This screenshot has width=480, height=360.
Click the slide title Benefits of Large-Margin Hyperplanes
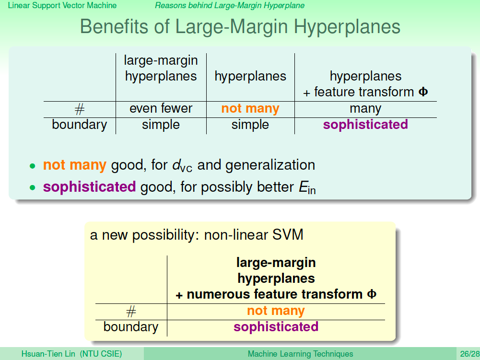tap(240, 27)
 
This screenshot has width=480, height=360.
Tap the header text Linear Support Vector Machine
tap(62, 5)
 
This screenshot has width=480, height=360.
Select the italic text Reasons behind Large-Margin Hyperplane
tap(230, 5)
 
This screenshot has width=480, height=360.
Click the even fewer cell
tap(161, 108)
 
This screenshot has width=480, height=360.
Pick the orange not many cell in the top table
tap(250, 108)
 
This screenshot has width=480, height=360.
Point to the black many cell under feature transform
tap(365, 109)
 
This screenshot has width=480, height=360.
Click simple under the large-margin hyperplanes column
tap(161, 125)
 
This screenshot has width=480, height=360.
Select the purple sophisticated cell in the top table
tap(365, 125)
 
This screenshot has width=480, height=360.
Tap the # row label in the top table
tap(80, 109)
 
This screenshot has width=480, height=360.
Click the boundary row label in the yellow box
tap(131, 327)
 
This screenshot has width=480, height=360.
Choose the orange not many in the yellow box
tap(276, 311)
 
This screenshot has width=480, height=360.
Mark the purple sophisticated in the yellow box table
tap(276, 327)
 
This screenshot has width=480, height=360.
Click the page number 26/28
tap(469, 354)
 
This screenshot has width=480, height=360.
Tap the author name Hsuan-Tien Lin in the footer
tap(48, 354)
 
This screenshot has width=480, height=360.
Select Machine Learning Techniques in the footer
tap(300, 354)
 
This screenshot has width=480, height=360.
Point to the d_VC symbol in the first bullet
tap(182, 165)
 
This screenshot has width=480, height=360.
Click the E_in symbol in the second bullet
tap(307, 187)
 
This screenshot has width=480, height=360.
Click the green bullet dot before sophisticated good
tap(33, 187)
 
